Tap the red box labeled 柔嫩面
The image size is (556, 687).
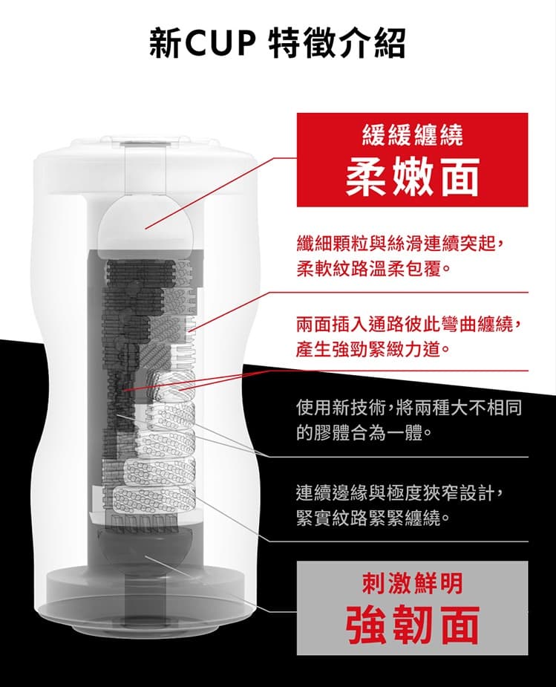(413, 160)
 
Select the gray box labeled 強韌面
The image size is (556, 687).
(413, 608)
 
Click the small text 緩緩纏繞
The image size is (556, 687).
(413, 136)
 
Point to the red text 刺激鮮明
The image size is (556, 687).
(413, 584)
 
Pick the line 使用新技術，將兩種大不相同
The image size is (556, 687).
(409, 408)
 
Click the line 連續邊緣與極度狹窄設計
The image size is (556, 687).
(402, 493)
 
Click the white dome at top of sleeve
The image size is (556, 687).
(145, 224)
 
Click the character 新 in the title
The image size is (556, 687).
(165, 43)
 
